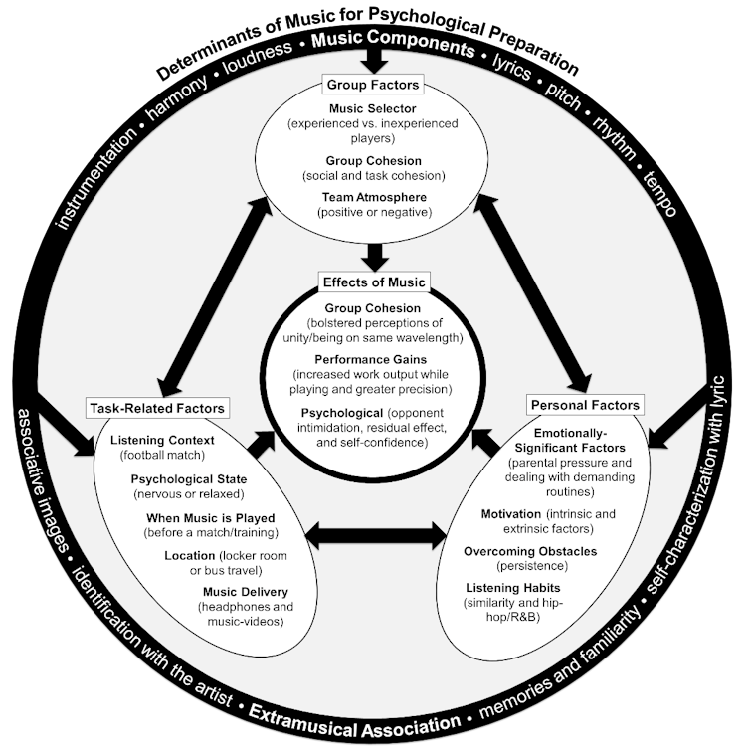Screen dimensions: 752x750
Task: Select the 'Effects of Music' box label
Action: (375, 282)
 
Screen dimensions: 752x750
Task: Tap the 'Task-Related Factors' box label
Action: (157, 408)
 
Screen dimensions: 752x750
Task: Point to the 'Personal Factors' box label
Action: (583, 405)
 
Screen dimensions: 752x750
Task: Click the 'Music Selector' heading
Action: (375, 107)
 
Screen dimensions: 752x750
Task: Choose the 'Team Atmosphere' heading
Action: (375, 197)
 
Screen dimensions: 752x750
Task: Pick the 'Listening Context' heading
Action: (160, 441)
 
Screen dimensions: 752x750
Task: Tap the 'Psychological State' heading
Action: (189, 478)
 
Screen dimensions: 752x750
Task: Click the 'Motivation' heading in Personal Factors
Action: (511, 514)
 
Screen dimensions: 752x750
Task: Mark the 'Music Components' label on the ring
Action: (393, 45)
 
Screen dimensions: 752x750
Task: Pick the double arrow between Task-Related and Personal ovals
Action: (375, 537)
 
